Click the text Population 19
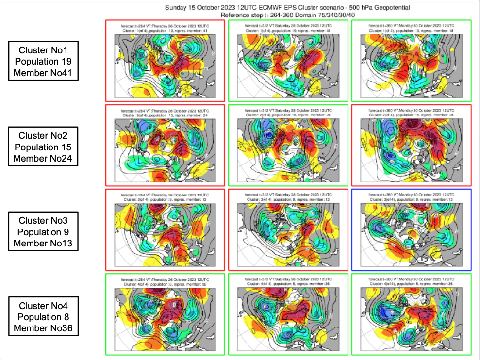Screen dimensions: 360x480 pyautogui.click(x=43, y=62)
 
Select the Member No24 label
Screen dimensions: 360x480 pyautogui.click(x=43, y=158)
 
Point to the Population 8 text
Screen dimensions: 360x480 pyautogui.click(x=43, y=317)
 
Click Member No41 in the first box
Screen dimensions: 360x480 pyautogui.click(x=43, y=73)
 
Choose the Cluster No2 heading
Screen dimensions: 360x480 pyautogui.click(x=43, y=135)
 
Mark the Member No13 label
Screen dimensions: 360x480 pyautogui.click(x=43, y=243)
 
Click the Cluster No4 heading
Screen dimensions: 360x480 pyautogui.click(x=43, y=305)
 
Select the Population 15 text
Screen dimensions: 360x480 pyautogui.click(x=43, y=147)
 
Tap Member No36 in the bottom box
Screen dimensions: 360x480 pyautogui.click(x=43, y=328)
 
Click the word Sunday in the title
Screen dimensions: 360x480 pyautogui.click(x=177, y=8)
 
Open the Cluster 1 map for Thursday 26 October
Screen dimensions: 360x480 pyautogui.click(x=165, y=61)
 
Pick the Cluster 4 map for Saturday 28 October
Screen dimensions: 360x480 pyautogui.click(x=288, y=314)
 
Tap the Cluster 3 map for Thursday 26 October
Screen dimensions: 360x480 pyautogui.click(x=165, y=229)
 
